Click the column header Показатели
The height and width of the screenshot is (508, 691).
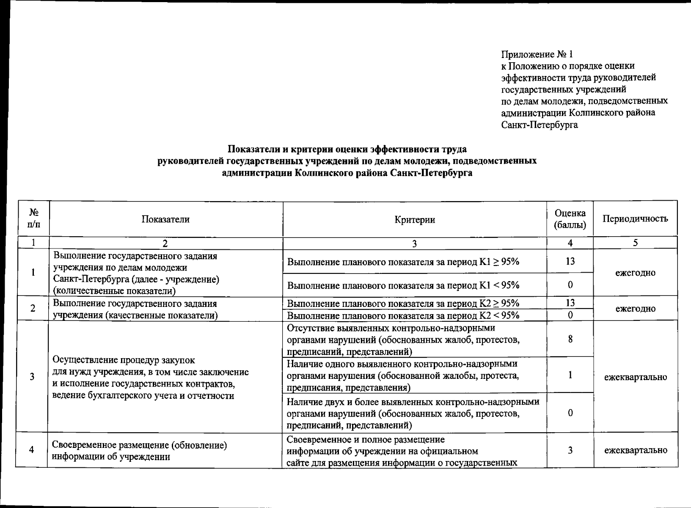(165, 219)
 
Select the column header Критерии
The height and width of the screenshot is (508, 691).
(414, 219)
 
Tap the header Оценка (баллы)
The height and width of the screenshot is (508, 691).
(570, 219)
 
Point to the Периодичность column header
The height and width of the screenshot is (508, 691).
(635, 219)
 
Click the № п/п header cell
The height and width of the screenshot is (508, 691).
(33, 219)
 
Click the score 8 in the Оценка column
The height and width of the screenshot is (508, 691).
(570, 339)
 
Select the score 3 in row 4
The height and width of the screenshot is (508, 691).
(570, 450)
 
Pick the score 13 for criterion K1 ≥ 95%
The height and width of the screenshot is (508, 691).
(570, 261)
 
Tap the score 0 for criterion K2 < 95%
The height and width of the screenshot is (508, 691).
(570, 315)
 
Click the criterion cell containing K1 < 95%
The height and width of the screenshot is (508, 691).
(403, 285)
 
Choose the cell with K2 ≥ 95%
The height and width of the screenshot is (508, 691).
(403, 304)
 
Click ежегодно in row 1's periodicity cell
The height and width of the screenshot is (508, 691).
(635, 273)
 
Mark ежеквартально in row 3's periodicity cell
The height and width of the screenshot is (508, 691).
(635, 377)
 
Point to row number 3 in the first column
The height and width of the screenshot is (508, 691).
(32, 377)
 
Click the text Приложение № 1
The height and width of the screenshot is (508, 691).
(537, 55)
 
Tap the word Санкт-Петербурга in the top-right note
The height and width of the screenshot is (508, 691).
(539, 125)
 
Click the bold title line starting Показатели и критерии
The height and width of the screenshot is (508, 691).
(347, 149)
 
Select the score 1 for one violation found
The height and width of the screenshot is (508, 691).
(570, 375)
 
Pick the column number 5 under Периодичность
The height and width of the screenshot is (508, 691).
(635, 243)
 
